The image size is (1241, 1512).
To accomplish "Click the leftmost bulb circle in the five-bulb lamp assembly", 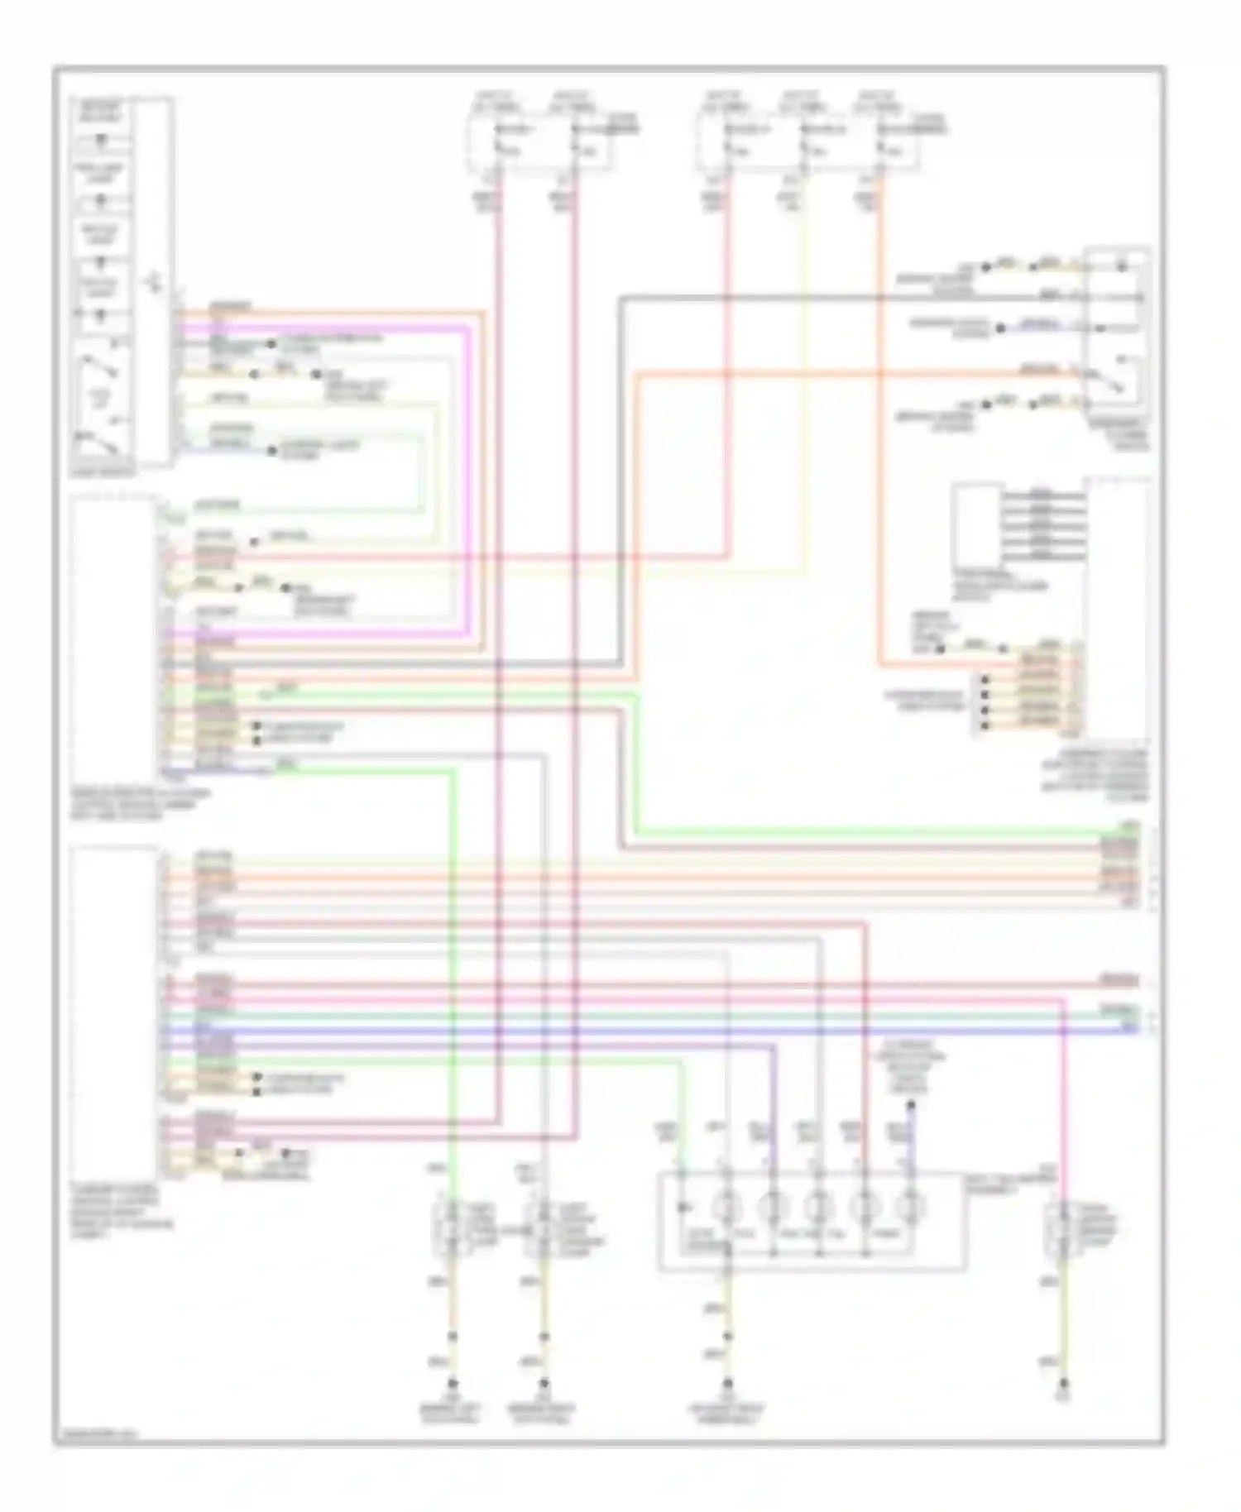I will (727, 1207).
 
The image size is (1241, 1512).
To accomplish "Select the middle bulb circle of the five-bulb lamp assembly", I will (818, 1207).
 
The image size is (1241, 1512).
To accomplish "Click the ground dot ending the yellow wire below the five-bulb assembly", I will (728, 1382).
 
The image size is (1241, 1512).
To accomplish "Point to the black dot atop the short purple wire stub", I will (911, 1104).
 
